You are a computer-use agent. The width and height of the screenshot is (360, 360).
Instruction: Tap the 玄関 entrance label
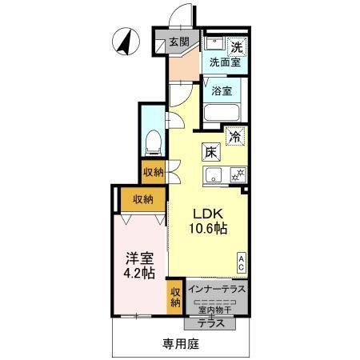point(179,42)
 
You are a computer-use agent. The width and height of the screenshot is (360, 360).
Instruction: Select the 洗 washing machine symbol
point(236,45)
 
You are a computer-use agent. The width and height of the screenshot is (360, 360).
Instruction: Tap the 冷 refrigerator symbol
point(234,137)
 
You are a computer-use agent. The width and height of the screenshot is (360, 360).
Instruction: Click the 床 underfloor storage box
point(210,150)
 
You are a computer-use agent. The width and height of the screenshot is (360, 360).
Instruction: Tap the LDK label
point(207,214)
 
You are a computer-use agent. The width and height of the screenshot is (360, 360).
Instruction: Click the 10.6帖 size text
point(208,229)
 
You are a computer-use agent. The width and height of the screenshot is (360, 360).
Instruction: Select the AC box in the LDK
point(241,262)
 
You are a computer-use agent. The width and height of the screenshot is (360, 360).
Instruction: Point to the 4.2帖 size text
point(138,274)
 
